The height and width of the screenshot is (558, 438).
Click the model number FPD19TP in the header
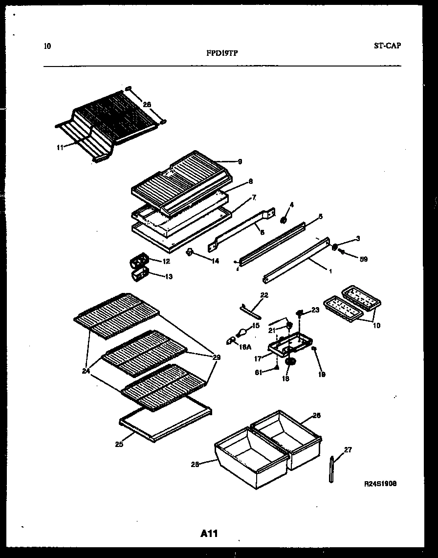coord(222,54)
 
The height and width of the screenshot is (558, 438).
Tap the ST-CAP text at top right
coord(387,46)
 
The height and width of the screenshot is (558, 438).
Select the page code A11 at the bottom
coord(209,534)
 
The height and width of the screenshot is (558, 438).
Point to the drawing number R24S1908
coord(380,483)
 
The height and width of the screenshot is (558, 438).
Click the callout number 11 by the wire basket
coord(59,146)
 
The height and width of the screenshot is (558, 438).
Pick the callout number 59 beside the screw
coord(363,259)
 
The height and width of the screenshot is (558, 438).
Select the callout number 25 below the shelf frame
coord(118,444)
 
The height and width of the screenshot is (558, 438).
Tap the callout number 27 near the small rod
coord(348,450)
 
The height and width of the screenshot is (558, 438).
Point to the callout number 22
coord(264,295)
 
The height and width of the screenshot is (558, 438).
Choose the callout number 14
coord(215,261)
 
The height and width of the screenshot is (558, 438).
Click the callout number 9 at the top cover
coord(240,161)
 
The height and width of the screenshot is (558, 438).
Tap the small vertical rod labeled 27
coord(332,469)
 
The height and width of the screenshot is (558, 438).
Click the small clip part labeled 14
coord(189,252)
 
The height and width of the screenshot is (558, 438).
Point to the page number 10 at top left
coord(47,47)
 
